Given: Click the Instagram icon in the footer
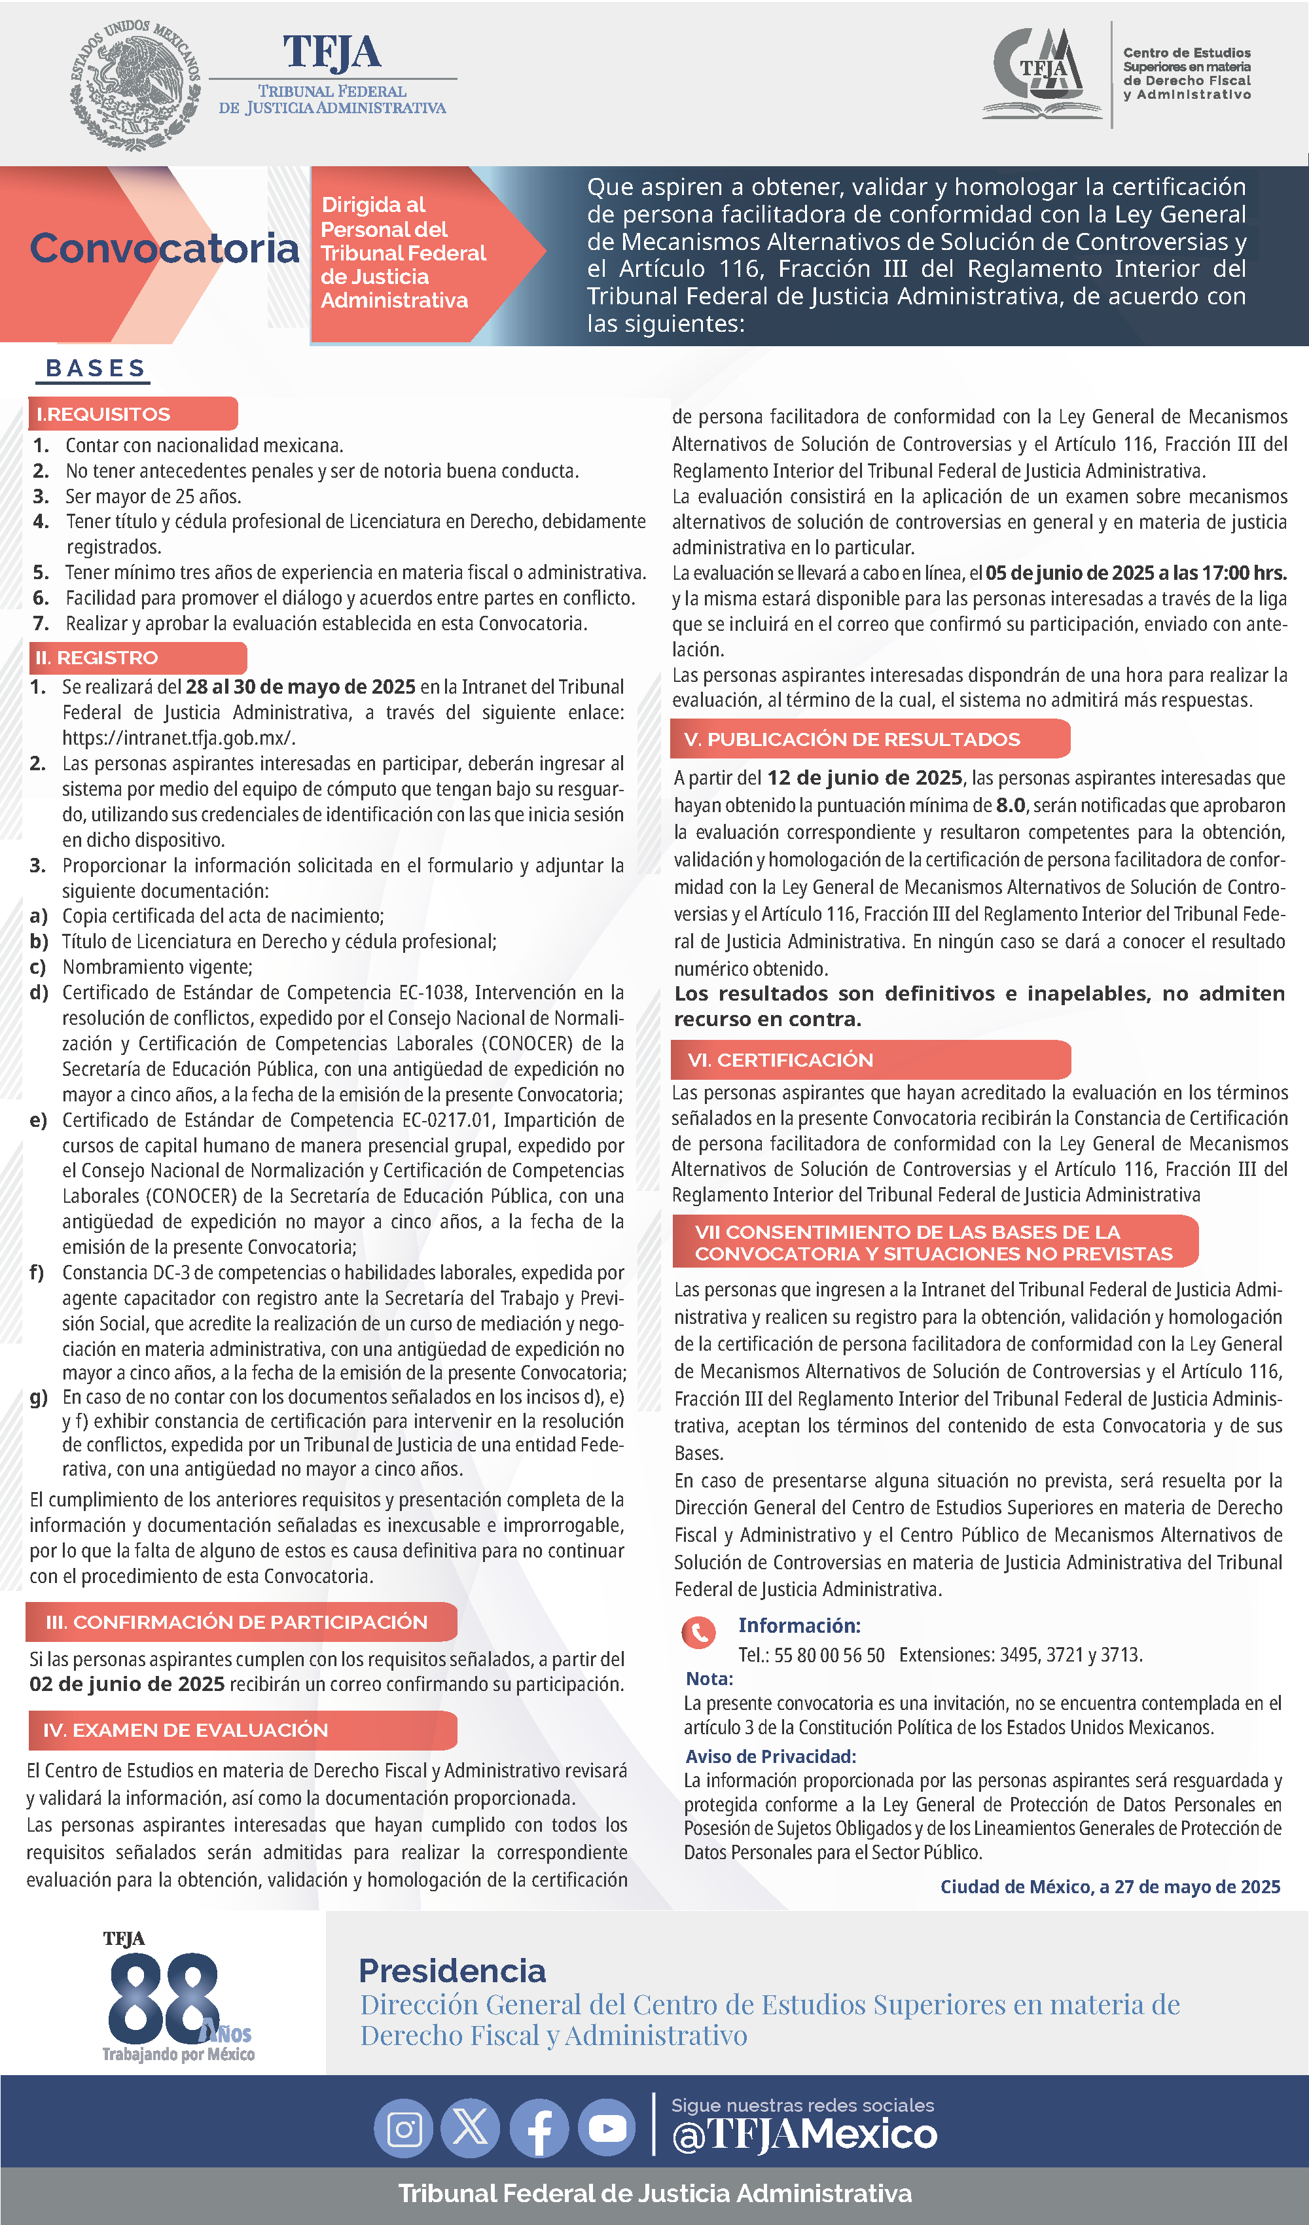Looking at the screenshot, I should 404,2129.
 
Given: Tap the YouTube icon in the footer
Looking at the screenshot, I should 607,2129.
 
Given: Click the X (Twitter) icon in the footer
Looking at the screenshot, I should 471,2129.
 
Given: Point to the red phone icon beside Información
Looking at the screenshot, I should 698,1633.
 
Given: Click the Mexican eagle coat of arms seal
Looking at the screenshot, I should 135,84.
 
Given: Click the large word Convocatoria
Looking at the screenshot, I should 164,248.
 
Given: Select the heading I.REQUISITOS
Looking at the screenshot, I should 103,414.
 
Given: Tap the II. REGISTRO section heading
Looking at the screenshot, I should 96,658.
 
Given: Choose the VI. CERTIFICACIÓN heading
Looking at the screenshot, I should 780,1059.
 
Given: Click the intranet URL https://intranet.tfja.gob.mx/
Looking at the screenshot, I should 179,738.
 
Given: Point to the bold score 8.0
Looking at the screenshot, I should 1011,805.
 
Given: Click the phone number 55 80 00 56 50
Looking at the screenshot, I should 829,1654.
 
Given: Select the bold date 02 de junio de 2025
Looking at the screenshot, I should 127,1684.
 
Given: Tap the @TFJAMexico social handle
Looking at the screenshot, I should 804,2135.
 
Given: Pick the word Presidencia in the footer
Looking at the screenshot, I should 452,1970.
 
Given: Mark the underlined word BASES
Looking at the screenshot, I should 96,369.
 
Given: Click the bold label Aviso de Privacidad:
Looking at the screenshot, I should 770,1756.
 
